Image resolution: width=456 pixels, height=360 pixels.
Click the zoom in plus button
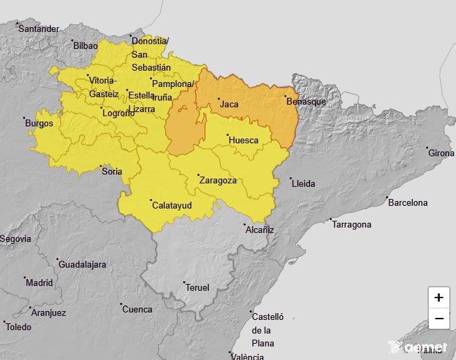point(439,298)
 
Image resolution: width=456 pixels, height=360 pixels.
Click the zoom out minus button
point(439,318)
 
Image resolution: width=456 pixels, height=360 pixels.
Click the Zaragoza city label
point(218,181)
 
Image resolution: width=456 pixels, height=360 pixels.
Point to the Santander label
point(39,29)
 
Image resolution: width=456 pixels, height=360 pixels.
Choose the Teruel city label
point(197,287)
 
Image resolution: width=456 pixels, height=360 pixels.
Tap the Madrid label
point(39,283)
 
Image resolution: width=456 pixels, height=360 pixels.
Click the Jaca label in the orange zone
point(229,104)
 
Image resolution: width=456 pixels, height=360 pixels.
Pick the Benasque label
point(307,101)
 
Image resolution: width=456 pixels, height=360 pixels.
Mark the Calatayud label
point(172,204)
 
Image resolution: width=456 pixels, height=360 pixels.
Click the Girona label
point(442,153)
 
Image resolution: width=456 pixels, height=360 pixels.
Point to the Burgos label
point(39,124)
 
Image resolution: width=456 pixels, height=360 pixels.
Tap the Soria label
point(112,171)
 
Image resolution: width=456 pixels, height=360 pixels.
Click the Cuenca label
point(137,309)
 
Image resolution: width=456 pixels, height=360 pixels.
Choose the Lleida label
point(303,183)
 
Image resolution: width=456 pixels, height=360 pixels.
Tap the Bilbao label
point(85,46)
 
